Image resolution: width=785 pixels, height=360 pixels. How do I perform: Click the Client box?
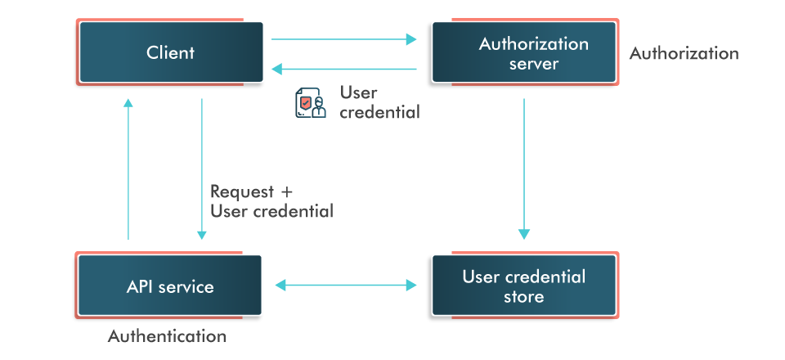pyautogui.click(x=171, y=52)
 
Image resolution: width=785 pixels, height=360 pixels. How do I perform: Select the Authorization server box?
pyautogui.click(x=524, y=53)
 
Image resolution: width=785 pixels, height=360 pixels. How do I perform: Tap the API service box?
pyautogui.click(x=170, y=286)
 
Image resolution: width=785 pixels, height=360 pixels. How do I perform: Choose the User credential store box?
pyautogui.click(x=524, y=286)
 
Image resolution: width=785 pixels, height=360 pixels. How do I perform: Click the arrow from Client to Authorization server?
pyautogui.click(x=343, y=38)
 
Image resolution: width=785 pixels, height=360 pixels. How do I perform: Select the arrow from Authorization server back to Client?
pyautogui.click(x=343, y=69)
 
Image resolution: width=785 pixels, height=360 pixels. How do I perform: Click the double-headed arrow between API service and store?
pyautogui.click(x=346, y=285)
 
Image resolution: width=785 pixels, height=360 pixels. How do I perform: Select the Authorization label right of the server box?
pyautogui.click(x=684, y=54)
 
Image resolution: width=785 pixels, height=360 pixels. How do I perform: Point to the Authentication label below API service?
pyautogui.click(x=167, y=336)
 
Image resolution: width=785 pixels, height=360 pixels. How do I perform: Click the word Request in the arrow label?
pyautogui.click(x=242, y=192)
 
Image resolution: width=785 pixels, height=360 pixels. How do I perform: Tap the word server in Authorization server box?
pyautogui.click(x=533, y=64)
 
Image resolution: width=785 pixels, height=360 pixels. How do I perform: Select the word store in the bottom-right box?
pyautogui.click(x=524, y=296)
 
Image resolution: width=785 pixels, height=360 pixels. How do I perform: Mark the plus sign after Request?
pyautogui.click(x=286, y=193)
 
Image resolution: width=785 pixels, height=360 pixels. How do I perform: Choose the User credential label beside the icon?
pyautogui.click(x=379, y=103)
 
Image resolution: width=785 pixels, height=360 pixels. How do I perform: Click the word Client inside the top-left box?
pyautogui.click(x=171, y=53)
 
